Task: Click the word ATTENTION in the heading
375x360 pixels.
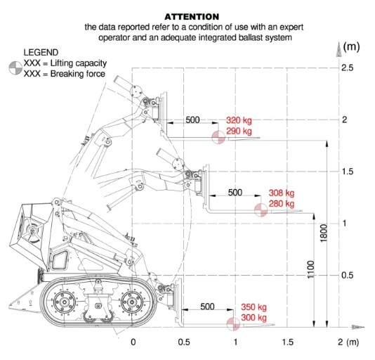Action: tap(192, 17)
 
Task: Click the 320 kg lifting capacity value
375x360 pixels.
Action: tap(239, 120)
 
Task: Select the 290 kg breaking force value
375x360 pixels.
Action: tap(239, 131)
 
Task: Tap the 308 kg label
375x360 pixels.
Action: tap(282, 193)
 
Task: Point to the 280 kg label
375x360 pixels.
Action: tap(282, 204)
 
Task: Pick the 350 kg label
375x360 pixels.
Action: tap(254, 307)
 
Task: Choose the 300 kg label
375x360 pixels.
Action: tap(254, 318)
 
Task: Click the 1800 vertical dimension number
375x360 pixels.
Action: tap(323, 233)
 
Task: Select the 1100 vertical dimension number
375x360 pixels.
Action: tap(310, 269)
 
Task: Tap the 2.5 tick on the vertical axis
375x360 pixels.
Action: tap(347, 68)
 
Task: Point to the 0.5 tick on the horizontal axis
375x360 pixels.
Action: tap(184, 342)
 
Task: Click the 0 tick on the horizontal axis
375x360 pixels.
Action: tap(133, 342)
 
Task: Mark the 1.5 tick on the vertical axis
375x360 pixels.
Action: tap(347, 172)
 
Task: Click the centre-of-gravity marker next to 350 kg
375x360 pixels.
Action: tap(233, 324)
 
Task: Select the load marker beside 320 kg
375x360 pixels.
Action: tap(218, 138)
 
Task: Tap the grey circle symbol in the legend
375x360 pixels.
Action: tap(15, 68)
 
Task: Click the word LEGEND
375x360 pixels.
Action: tap(41, 53)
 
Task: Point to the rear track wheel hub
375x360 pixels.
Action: tap(64, 302)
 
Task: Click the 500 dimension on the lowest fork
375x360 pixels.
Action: tap(207, 307)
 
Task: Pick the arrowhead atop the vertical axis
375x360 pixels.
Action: tap(339, 50)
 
